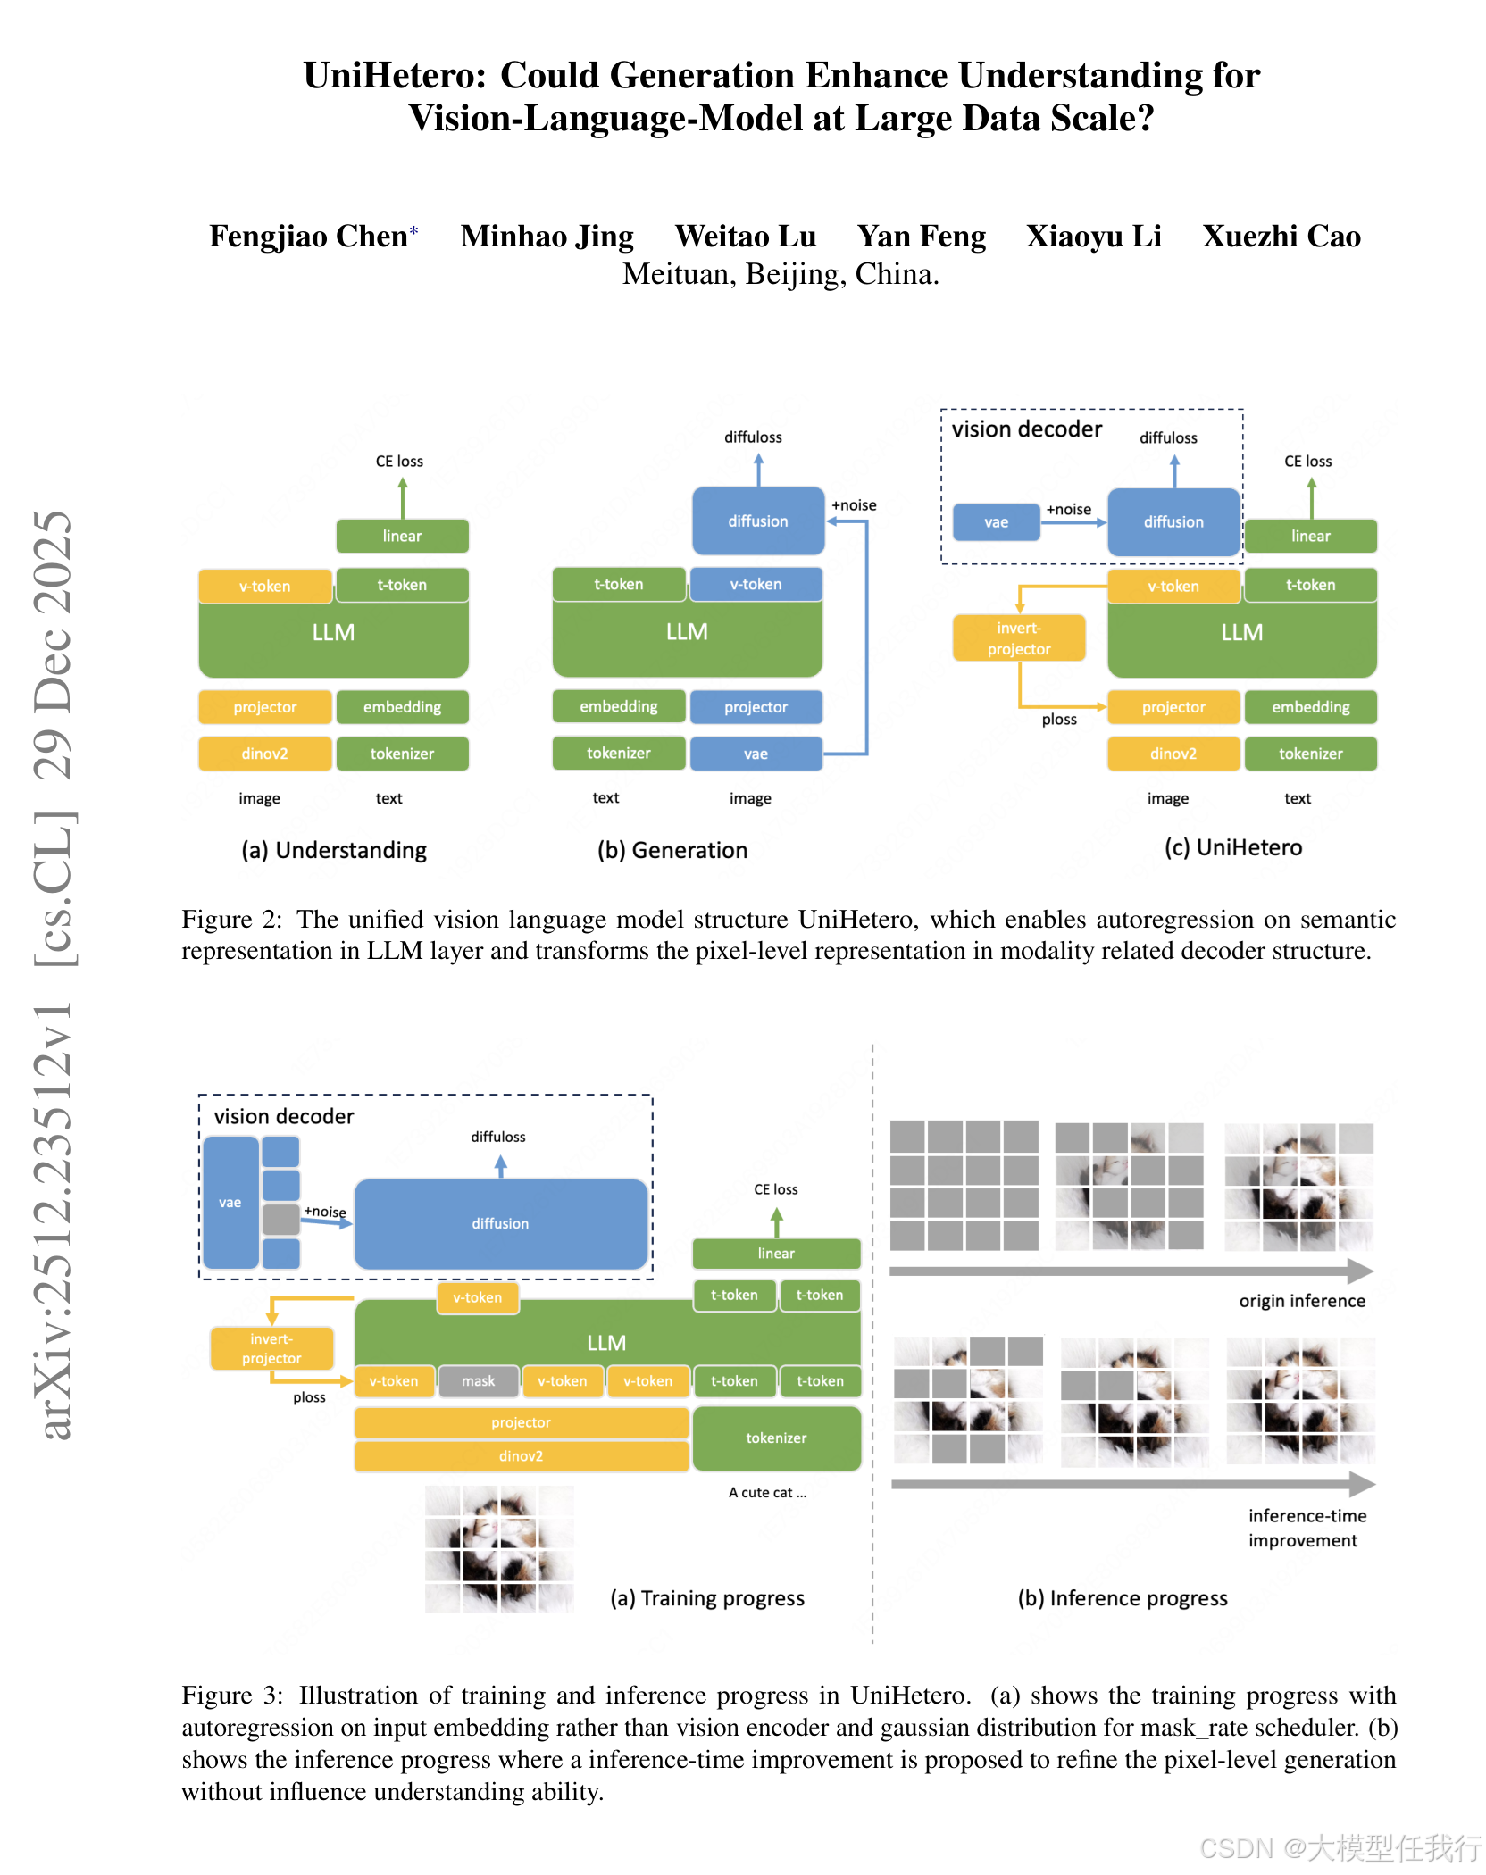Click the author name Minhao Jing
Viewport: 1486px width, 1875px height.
click(547, 236)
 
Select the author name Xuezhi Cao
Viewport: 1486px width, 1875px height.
click(1281, 236)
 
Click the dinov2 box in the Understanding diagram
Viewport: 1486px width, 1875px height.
click(264, 754)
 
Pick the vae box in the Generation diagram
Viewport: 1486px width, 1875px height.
click(756, 754)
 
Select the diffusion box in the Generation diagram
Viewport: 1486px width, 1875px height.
click(757, 521)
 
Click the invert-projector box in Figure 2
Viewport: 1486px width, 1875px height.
click(1019, 638)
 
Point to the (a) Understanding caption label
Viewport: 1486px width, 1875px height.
click(334, 850)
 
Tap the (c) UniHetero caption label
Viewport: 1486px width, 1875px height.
click(1232, 847)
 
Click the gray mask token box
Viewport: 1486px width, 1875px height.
click(478, 1381)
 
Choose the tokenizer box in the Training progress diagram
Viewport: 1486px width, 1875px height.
click(776, 1437)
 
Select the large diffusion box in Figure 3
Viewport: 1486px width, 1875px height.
click(500, 1223)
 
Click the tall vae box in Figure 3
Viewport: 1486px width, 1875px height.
click(230, 1203)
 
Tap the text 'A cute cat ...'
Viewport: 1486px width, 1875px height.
click(767, 1492)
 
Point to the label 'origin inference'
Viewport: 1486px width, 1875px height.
click(1301, 1301)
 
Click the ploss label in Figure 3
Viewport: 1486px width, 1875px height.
click(309, 1397)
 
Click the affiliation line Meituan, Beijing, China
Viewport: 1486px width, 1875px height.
click(780, 274)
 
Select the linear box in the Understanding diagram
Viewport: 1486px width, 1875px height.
click(402, 536)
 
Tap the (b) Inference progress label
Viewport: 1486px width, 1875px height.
click(1123, 1598)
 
